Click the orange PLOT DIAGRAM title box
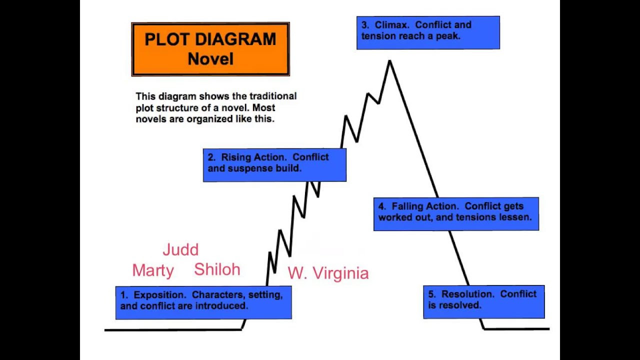pos(210,49)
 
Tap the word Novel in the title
pos(210,59)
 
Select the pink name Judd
pos(180,249)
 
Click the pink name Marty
pos(153,270)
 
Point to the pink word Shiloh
pos(217,269)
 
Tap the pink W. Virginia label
pos(328,273)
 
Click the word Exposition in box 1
pos(160,295)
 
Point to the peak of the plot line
pos(389,61)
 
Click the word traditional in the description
pos(273,96)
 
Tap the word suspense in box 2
pos(250,168)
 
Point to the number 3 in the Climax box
pos(365,25)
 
